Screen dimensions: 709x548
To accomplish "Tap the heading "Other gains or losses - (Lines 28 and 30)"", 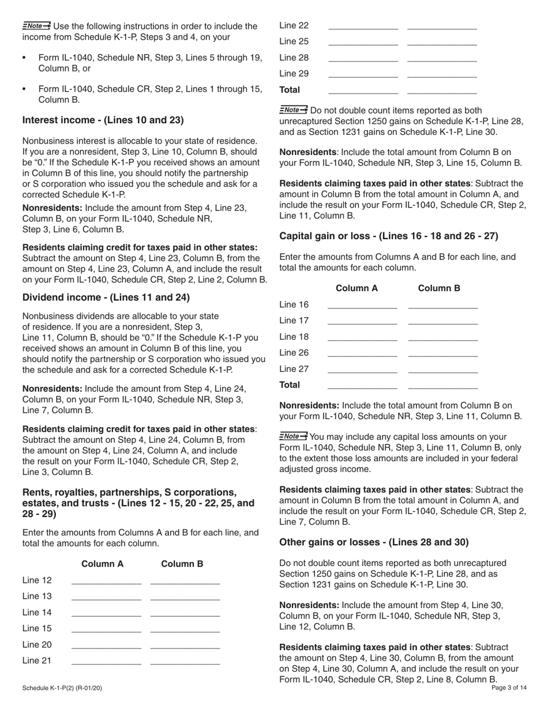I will (x=374, y=542).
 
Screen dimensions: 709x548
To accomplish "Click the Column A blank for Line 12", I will (x=106, y=581).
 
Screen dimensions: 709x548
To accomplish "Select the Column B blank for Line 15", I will (x=185, y=629).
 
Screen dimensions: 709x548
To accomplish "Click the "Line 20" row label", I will (x=37, y=644).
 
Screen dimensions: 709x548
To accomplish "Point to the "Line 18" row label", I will (x=294, y=337).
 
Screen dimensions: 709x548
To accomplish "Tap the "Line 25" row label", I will (x=294, y=42).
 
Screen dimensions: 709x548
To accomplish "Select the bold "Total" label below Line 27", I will (x=290, y=384).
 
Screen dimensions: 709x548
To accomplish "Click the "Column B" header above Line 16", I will (x=439, y=288).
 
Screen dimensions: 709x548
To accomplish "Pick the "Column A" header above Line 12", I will (x=103, y=564).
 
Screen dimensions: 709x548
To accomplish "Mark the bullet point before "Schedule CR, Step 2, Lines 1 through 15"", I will (x=24, y=89).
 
